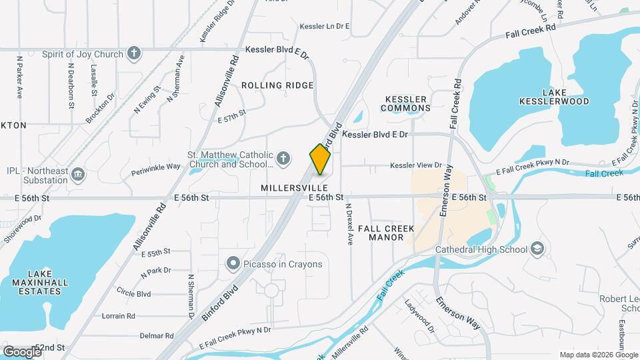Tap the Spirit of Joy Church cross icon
coord(134,54)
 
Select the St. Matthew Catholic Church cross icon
coord(283,158)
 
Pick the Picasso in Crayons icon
coord(233,264)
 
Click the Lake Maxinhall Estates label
coord(35,279)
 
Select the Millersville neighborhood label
coord(290,189)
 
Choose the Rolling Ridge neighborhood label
coord(277,85)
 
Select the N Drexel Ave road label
coord(349,224)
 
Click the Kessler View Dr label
coord(416,165)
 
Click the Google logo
coord(22,351)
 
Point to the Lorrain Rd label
coord(120,316)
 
